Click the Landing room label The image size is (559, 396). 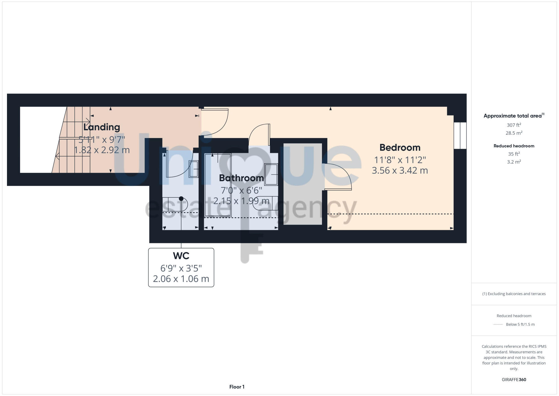(102, 127)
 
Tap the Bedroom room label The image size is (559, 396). (400, 148)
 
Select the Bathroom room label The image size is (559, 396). (241, 178)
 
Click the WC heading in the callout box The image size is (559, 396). (181, 256)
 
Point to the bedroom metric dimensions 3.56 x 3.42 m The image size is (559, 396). (400, 171)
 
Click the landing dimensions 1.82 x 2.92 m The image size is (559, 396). (102, 150)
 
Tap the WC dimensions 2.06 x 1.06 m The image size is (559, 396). (181, 279)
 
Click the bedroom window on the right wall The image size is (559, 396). (460, 136)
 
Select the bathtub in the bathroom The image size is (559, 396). (218, 185)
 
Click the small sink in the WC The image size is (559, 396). (194, 169)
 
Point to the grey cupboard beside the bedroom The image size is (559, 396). (303, 184)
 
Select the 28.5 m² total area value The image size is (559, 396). (514, 133)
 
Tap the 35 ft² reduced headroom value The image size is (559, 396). (514, 154)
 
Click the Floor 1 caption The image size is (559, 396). (237, 387)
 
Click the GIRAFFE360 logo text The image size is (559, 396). (514, 380)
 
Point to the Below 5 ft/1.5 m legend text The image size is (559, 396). (520, 324)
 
